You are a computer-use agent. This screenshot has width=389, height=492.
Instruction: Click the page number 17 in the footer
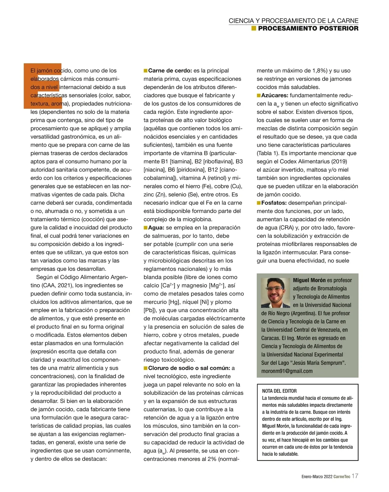point(355,476)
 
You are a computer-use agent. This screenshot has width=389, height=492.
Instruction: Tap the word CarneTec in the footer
point(342,477)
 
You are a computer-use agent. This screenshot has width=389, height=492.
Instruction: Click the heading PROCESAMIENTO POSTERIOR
point(308,29)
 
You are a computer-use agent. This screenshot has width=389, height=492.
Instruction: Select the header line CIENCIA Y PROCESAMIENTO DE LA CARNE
point(293,21)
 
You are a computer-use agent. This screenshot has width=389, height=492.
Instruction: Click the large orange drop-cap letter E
point(42,86)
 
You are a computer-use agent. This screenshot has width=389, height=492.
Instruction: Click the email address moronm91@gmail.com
point(287,371)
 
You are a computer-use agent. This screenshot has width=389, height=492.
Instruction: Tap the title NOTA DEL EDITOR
point(279,391)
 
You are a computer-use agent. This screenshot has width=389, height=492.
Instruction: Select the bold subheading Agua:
point(156,228)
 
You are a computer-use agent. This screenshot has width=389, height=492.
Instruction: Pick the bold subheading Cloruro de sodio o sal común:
point(189,368)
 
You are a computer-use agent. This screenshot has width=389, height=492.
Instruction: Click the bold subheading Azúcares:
point(275,96)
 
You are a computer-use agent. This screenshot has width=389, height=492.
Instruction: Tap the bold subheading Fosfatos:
point(274,203)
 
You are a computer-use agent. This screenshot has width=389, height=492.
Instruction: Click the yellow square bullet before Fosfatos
point(259,203)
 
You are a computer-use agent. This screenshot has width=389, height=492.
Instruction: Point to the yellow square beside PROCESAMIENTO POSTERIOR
point(254,29)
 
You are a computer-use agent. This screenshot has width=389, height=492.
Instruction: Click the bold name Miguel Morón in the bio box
point(309,280)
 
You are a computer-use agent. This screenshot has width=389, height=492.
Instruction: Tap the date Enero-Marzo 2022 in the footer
point(317,477)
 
